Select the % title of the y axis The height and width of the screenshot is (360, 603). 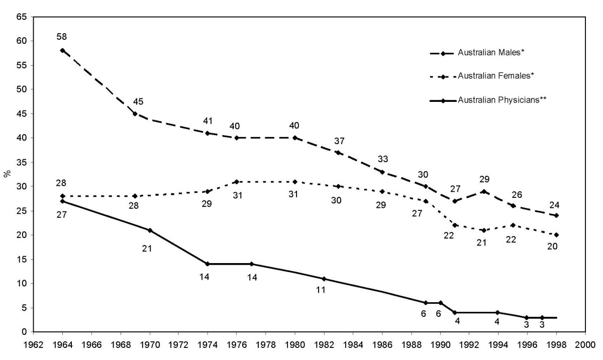[7, 174]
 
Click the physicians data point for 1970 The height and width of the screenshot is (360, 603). [149, 230]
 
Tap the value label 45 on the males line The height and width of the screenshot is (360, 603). [138, 101]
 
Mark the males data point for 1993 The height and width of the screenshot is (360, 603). [483, 191]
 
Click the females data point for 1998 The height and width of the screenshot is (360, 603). [556, 235]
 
